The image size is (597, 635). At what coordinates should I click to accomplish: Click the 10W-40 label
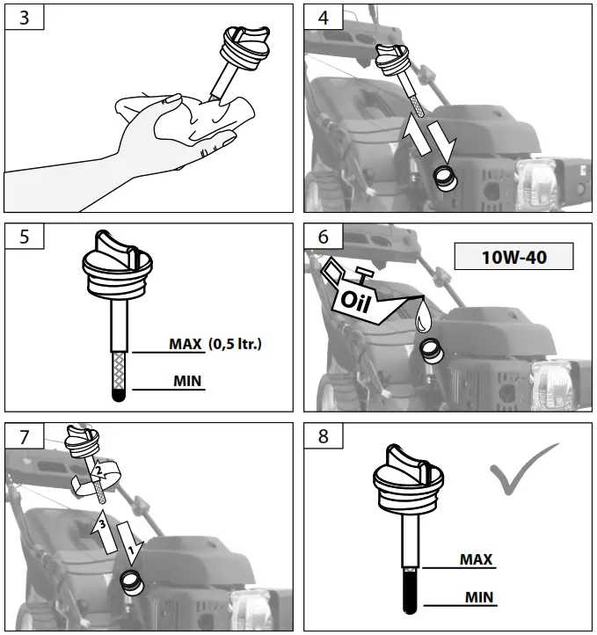click(513, 258)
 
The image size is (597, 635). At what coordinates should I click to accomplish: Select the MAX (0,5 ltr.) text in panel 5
click(214, 344)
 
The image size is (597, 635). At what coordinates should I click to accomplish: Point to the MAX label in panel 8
click(476, 559)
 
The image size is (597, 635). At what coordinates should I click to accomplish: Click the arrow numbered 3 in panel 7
click(103, 527)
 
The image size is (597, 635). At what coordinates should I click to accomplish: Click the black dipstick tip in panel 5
click(120, 396)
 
